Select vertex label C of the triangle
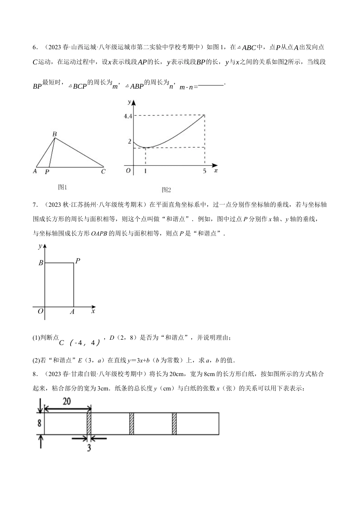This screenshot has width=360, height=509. pos(103,172)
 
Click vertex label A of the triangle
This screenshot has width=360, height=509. pos(35,172)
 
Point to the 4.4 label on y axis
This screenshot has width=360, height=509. pos(127,116)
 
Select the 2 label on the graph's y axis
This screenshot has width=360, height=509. pos(129,141)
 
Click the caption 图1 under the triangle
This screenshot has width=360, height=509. pos(63,187)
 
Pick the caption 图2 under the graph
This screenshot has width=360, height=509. pos(166,190)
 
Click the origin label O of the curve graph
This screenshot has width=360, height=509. pos(128,171)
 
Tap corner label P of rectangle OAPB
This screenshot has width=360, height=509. pos(78,261)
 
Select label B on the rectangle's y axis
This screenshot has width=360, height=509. pos(41,263)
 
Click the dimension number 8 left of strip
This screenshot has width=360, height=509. pos(39,423)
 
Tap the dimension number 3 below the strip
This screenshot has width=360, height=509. pos(89,448)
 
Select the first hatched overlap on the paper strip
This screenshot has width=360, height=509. pos(89,423)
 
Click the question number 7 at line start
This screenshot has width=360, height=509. pos(34,205)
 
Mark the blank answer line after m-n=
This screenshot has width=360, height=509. pos(211,85)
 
